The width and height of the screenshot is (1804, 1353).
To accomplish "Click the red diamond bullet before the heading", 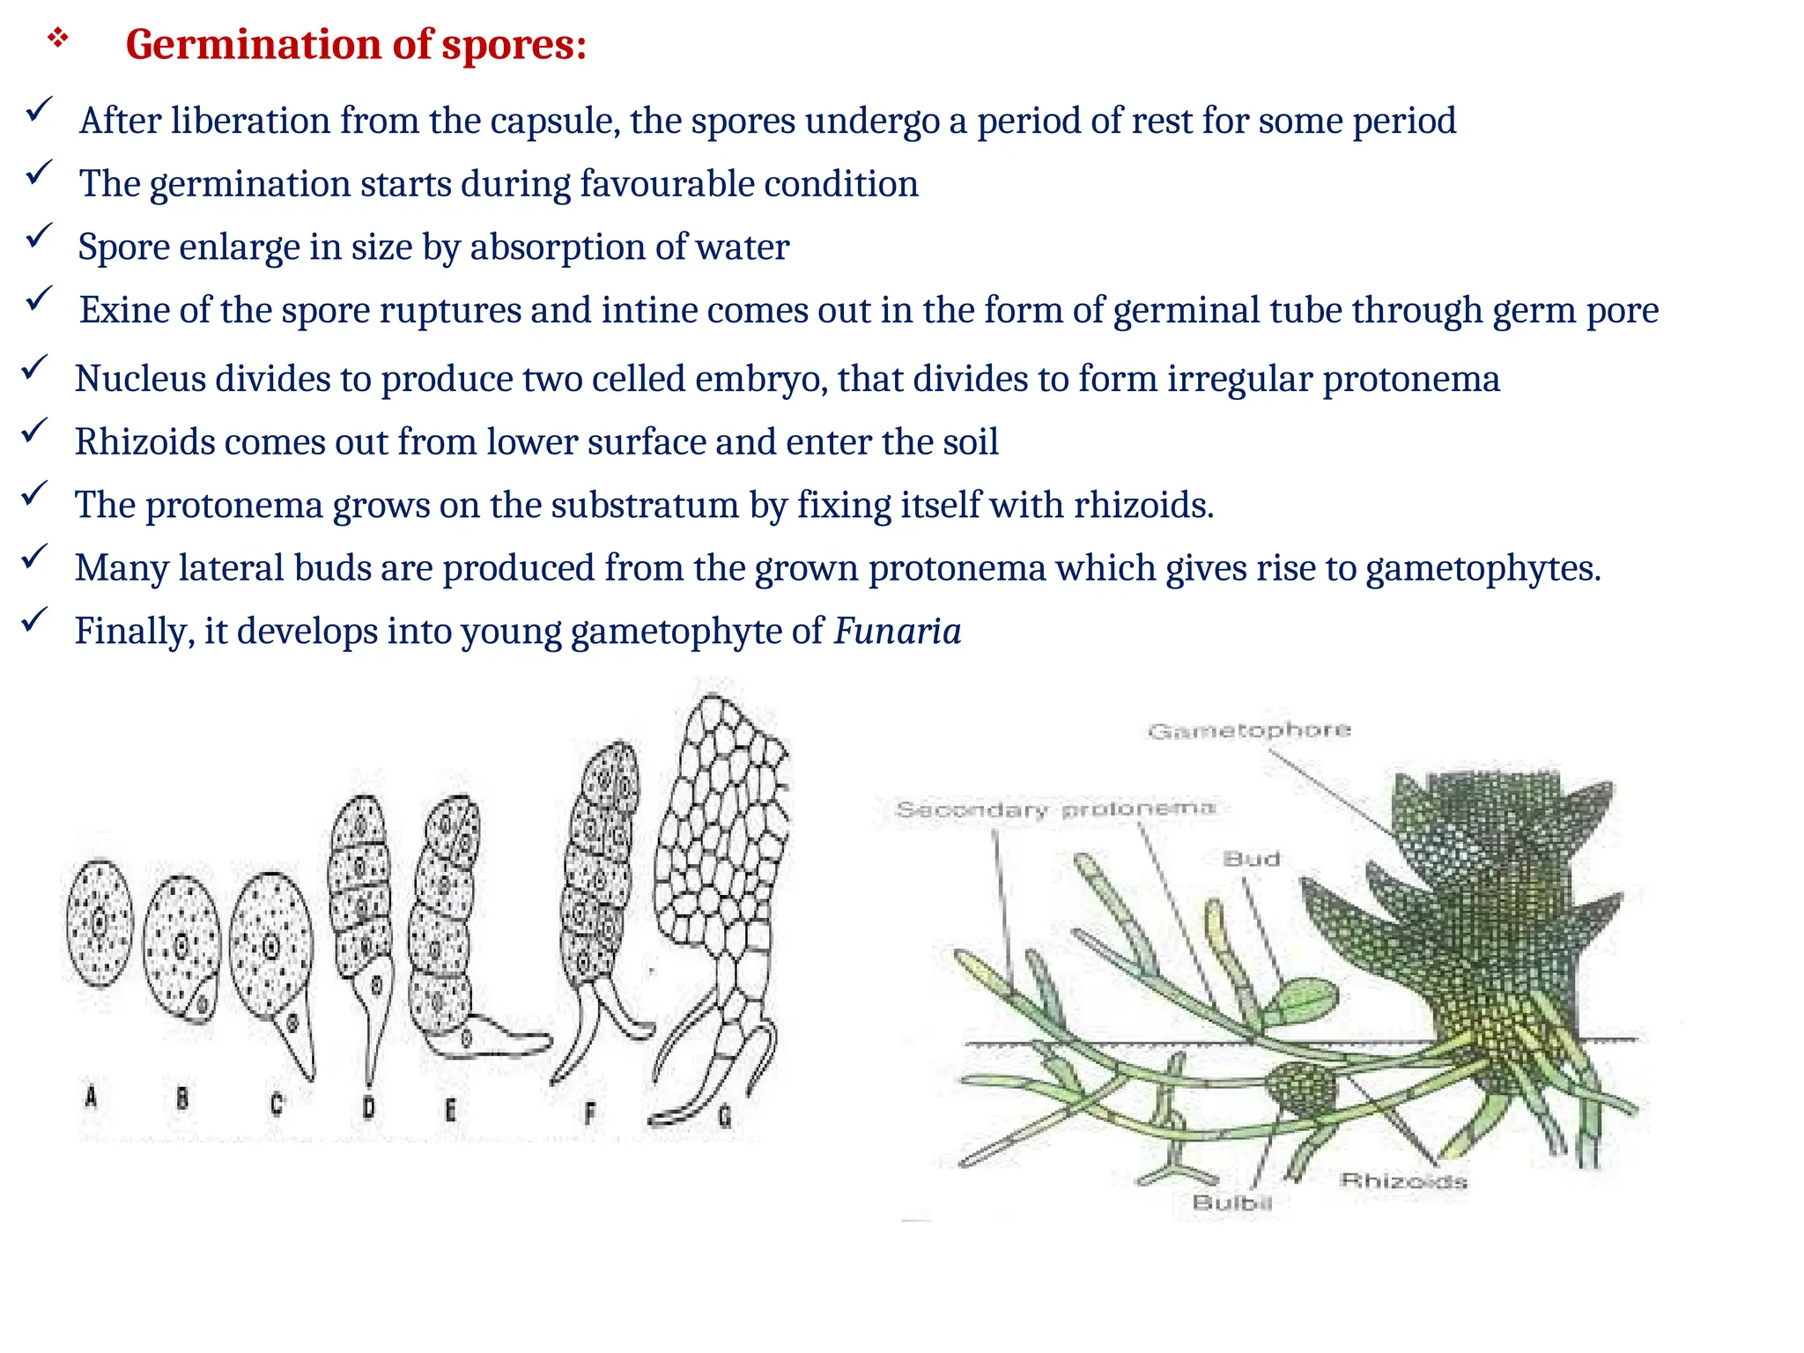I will (x=58, y=38).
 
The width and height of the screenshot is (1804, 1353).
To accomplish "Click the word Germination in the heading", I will (x=253, y=44).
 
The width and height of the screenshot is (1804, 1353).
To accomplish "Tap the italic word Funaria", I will (x=897, y=632).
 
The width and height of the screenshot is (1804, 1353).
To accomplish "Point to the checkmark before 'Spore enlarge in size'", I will (x=39, y=236).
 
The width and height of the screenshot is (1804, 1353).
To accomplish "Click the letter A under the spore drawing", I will (x=91, y=1097).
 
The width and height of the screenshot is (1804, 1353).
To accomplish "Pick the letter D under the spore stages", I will (x=368, y=1106).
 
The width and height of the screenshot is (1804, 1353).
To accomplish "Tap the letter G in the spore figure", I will (x=724, y=1117).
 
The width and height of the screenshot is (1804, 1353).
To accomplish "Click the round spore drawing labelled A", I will (x=100, y=923).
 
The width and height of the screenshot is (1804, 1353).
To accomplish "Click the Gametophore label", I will (x=1248, y=730).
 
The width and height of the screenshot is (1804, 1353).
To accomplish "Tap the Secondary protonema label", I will (x=1054, y=809).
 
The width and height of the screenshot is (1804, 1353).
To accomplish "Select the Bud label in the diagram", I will (x=1251, y=859).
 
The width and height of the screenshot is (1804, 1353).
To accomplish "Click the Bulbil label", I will (x=1231, y=1202).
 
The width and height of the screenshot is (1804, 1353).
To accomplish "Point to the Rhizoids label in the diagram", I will (x=1403, y=1180).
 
